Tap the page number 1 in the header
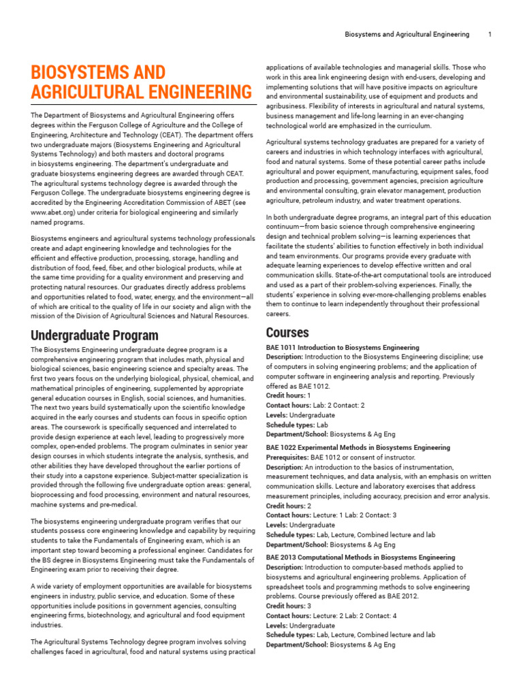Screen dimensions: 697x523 click(490, 34)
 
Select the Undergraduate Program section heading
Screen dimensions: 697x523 click(94, 336)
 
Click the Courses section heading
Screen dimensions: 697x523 click(287, 333)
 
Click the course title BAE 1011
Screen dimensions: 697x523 click(343, 347)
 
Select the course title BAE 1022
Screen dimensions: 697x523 click(358, 448)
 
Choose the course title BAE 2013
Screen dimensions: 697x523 click(360, 557)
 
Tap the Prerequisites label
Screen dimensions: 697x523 click(287, 457)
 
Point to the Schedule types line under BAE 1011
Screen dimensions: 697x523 click(306, 425)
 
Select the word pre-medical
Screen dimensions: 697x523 click(121, 504)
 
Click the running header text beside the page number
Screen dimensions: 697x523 click(407, 34)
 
